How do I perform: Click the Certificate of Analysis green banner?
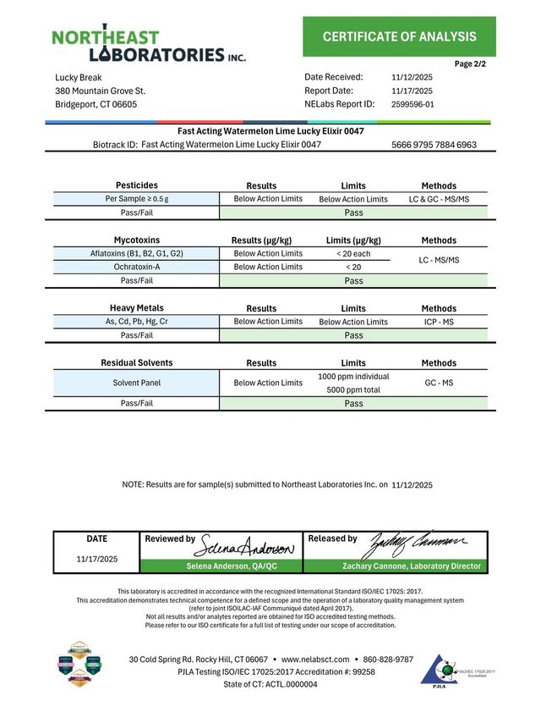399,36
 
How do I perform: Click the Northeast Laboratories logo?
149,46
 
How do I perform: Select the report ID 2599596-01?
413,104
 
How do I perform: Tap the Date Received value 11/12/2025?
412,77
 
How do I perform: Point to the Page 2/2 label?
470,63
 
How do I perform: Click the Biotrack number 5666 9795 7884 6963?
434,145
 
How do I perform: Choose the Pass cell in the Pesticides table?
353,213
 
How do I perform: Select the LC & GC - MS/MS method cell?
439,199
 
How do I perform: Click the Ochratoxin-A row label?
136,267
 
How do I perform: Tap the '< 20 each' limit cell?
353,253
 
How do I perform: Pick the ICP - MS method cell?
439,322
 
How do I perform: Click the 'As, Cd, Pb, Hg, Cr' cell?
136,322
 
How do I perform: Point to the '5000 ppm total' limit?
353,390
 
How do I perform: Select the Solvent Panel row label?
136,383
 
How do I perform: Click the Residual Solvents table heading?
136,362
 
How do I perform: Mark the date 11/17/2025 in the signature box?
97,559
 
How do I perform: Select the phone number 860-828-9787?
388,659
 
